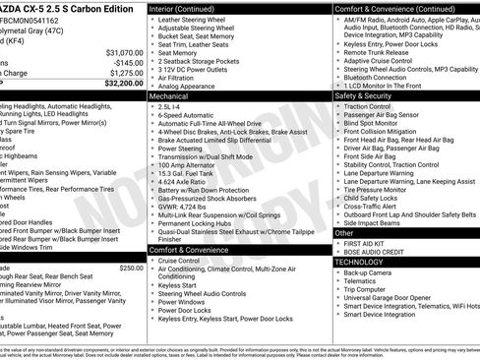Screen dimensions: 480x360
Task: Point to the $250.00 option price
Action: point(131,269)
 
